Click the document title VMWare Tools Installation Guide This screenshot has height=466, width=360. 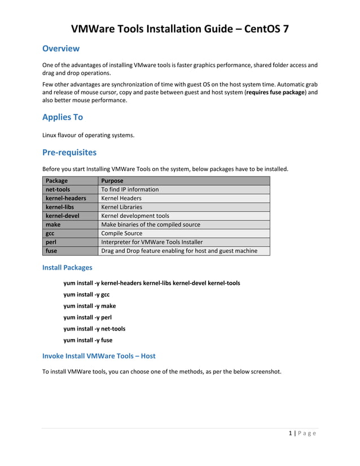click(x=180, y=29)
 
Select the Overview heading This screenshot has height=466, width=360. click(x=61, y=49)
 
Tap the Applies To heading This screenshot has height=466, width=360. click(x=63, y=117)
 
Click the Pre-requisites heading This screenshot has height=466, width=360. click(x=69, y=152)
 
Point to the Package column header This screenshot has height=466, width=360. click(x=56, y=181)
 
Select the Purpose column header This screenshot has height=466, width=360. click(x=112, y=181)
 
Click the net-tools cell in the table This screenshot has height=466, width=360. click(x=58, y=190)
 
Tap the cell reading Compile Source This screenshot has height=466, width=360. click(x=121, y=233)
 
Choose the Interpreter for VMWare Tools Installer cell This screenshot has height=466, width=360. click(x=151, y=242)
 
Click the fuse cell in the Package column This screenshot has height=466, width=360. click(x=51, y=250)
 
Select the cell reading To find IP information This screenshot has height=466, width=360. click(x=130, y=190)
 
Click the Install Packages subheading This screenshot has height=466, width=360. click(x=67, y=267)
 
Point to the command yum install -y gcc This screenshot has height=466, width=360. click(x=86, y=294)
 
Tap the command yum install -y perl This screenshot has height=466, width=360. click(x=87, y=317)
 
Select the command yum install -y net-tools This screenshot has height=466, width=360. click(x=94, y=328)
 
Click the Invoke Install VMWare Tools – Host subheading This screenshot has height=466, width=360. click(x=99, y=356)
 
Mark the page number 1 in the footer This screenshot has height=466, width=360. click(x=290, y=433)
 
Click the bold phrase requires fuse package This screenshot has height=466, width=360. click(x=275, y=92)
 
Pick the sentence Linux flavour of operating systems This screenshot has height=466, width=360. click(x=88, y=135)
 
